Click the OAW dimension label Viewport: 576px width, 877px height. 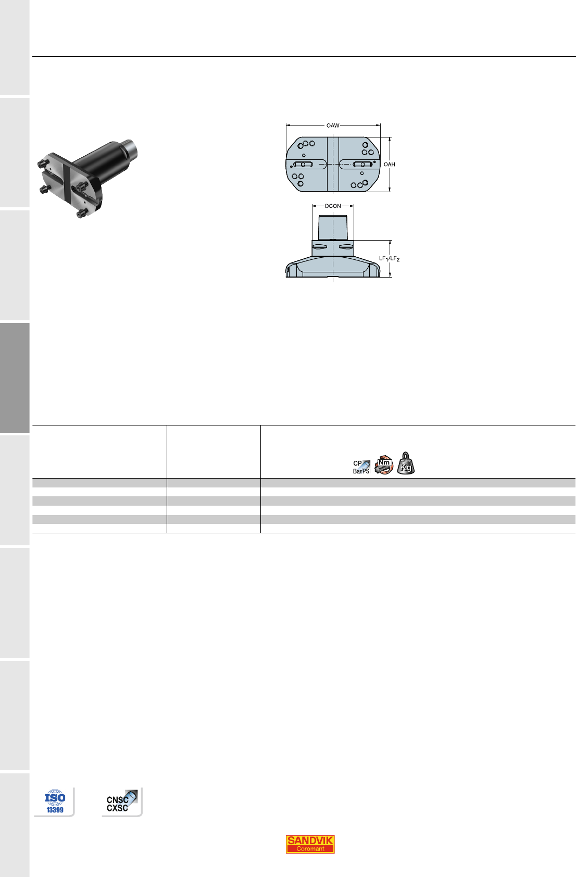(x=333, y=126)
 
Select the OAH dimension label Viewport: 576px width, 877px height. (x=389, y=165)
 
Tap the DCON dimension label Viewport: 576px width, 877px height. (x=333, y=206)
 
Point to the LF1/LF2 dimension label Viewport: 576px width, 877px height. (x=389, y=259)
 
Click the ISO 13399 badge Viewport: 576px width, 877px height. (x=55, y=801)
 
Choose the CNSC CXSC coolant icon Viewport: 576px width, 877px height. (x=122, y=801)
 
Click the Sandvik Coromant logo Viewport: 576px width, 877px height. (x=310, y=844)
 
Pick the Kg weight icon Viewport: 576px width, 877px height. (x=406, y=463)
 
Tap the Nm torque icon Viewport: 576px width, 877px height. (x=384, y=465)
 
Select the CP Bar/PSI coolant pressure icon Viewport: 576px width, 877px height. (x=362, y=467)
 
